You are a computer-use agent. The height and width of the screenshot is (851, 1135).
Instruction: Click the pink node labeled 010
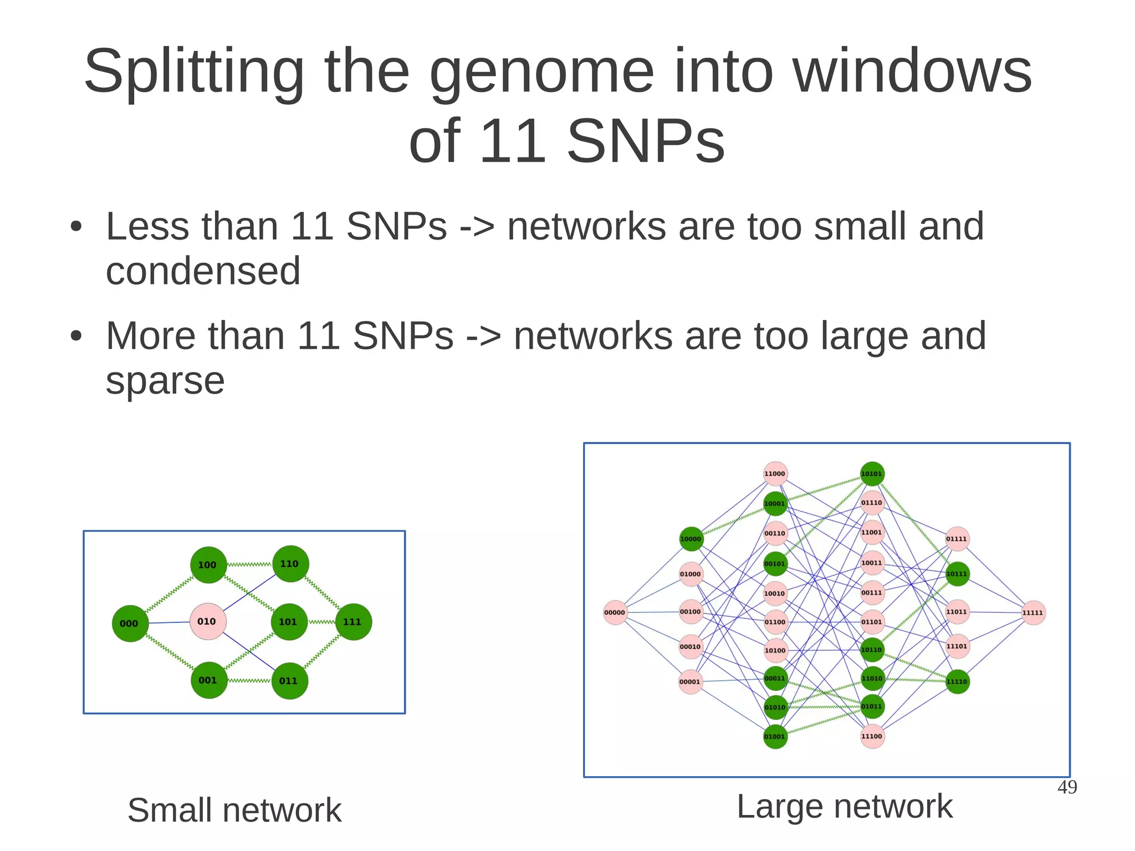point(207,621)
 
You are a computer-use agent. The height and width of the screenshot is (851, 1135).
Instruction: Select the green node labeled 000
point(130,623)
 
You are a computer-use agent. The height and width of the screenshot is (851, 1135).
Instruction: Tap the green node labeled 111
point(353,621)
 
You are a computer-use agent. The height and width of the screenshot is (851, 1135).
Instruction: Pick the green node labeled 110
point(290,564)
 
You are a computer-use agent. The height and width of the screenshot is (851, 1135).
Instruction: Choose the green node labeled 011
point(289,680)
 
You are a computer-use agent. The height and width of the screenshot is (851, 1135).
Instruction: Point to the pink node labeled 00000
point(615,613)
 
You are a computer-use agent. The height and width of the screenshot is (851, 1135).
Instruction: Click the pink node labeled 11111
point(1033,613)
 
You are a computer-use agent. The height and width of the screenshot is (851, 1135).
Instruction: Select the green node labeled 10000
point(691,539)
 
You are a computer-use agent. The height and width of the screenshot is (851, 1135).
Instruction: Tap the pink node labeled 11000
point(775,473)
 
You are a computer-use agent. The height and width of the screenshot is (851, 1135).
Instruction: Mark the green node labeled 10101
point(872,473)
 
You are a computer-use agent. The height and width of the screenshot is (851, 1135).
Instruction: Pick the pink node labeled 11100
point(872,736)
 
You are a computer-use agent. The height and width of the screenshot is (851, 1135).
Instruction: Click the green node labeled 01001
point(775,736)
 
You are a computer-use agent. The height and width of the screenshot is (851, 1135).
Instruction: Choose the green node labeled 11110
point(957,681)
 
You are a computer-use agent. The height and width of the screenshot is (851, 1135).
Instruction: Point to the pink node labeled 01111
point(957,539)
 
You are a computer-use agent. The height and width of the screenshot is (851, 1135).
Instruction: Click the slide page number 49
point(1067,787)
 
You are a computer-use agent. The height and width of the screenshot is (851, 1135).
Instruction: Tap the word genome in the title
point(541,72)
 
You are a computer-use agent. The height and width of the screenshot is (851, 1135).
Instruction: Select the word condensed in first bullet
point(203,271)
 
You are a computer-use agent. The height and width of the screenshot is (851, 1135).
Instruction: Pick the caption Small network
point(234,810)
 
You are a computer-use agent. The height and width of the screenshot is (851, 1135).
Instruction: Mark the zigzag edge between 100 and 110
point(249,564)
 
